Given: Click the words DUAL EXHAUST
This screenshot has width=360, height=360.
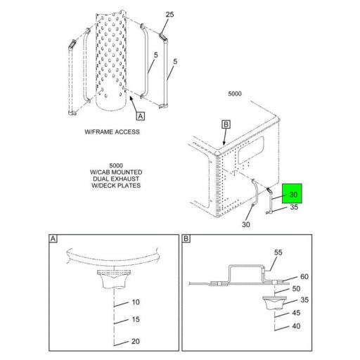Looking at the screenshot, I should coord(111,179).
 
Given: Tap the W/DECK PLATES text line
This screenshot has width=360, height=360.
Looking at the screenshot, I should coord(111,187).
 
